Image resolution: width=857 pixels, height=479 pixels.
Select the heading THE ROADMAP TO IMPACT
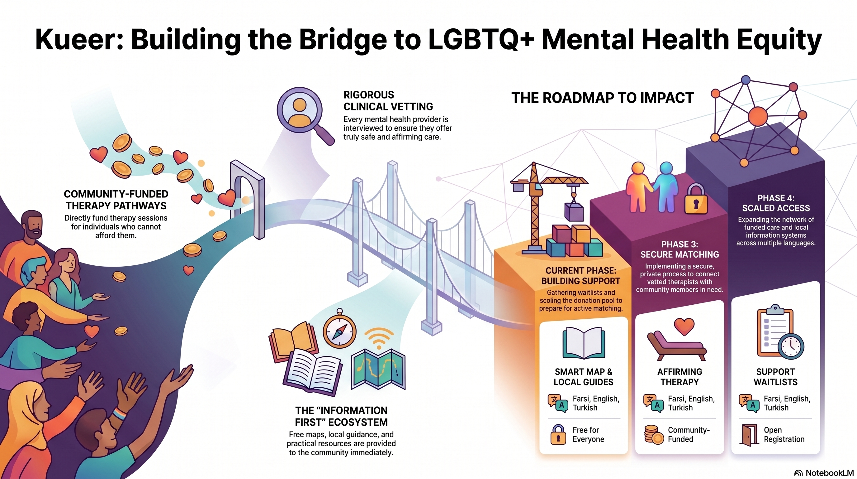[603, 98]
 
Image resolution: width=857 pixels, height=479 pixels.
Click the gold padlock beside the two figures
[696, 199]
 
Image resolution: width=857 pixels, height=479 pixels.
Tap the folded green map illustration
[378, 370]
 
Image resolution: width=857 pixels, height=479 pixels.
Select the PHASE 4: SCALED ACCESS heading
[776, 203]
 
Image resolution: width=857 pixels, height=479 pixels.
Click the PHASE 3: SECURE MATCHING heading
[679, 249]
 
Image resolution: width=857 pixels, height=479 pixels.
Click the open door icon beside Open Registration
[749, 435]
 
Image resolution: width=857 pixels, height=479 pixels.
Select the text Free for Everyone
[588, 434]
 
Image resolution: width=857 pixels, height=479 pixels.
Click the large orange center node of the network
[758, 117]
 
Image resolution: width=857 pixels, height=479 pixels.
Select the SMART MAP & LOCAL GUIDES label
[584, 377]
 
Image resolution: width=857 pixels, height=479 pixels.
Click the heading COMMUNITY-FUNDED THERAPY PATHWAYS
[116, 200]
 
